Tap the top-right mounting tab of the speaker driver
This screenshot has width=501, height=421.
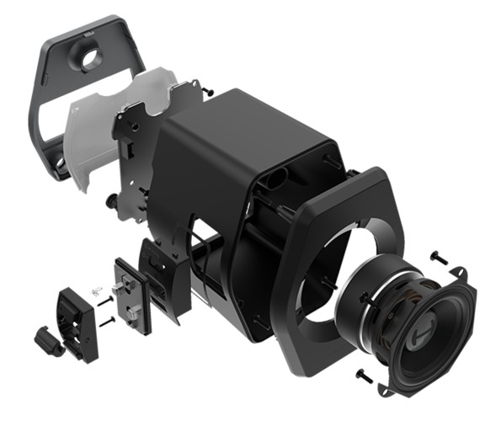click(x=460, y=274)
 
